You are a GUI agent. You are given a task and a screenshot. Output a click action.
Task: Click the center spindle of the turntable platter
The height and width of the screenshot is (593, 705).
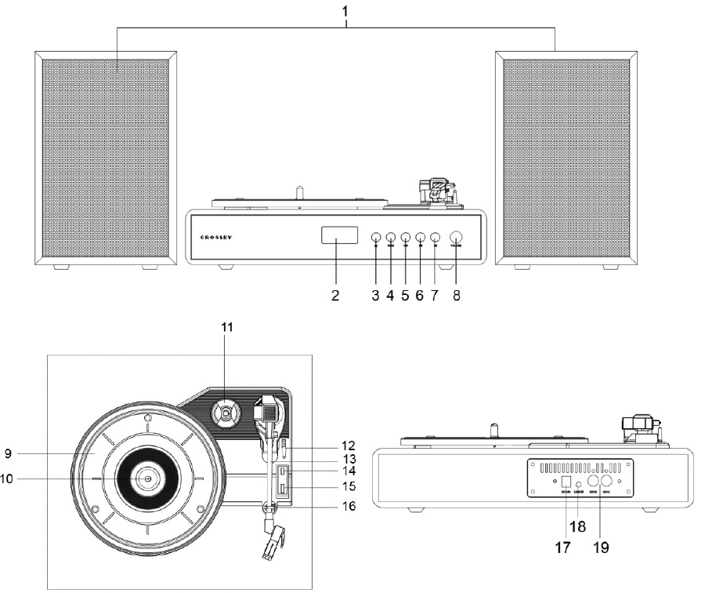point(146,478)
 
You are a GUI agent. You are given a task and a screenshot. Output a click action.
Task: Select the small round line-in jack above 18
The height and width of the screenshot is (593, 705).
point(579,485)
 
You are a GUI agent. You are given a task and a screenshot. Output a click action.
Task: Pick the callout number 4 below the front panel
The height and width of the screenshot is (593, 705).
point(390,298)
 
